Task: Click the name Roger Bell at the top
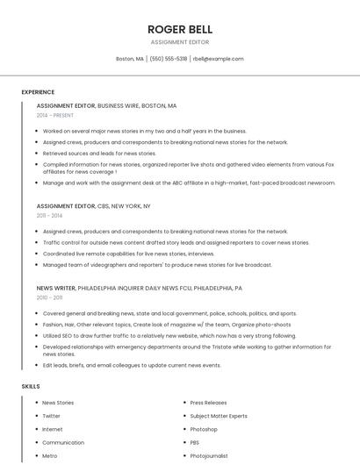(x=180, y=30)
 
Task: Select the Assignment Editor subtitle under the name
(x=180, y=42)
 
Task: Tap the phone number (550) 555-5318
(x=169, y=59)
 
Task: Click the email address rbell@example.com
(x=218, y=59)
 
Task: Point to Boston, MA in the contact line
(x=130, y=59)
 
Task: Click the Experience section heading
(x=38, y=92)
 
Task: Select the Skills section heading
(x=31, y=386)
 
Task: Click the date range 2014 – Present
(x=55, y=115)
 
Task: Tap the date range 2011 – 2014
(x=49, y=215)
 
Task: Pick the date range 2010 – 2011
(x=49, y=297)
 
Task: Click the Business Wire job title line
(x=106, y=105)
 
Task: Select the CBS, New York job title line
(x=93, y=205)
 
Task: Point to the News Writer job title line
(x=139, y=288)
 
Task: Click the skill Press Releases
(x=208, y=403)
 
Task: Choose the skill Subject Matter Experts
(x=219, y=416)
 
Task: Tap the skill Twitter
(x=52, y=416)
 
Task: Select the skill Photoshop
(x=204, y=429)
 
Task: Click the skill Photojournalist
(x=209, y=456)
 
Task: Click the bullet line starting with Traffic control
(x=176, y=242)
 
